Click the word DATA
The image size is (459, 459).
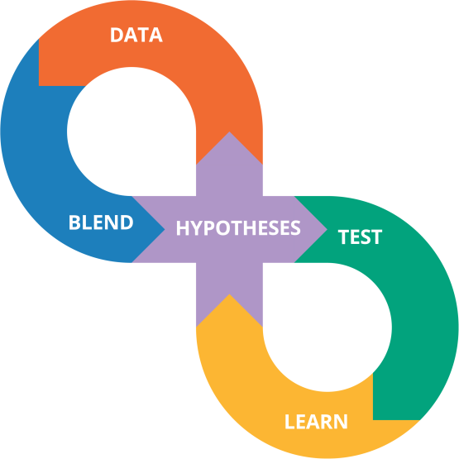click(x=136, y=35)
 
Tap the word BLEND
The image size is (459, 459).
click(x=101, y=222)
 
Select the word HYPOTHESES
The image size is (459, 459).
click(x=238, y=227)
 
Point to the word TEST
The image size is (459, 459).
click(x=360, y=237)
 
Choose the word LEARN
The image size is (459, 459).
click(x=316, y=422)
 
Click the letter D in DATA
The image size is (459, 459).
click(x=117, y=35)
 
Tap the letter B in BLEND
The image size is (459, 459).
click(x=74, y=222)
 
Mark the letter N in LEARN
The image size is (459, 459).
click(x=341, y=422)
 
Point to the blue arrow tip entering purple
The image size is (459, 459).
click(x=165, y=230)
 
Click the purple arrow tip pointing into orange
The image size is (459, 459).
click(x=230, y=132)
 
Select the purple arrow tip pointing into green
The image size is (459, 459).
click(x=327, y=230)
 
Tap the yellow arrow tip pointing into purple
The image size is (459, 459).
click(x=230, y=294)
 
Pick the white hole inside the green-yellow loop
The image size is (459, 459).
click(x=328, y=328)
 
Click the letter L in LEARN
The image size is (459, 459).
click(x=289, y=422)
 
